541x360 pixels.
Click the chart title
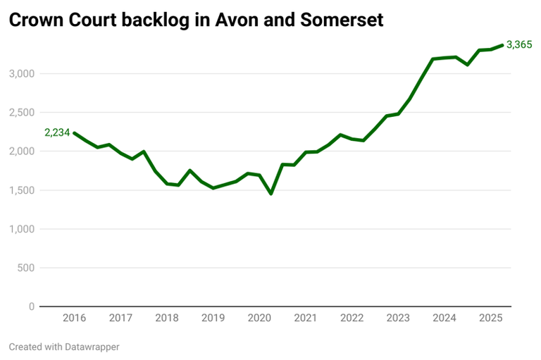[196, 20]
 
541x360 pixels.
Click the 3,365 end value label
[519, 45]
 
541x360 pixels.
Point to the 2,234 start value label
[57, 132]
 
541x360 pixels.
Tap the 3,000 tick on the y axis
[22, 73]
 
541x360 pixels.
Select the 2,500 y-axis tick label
[22, 113]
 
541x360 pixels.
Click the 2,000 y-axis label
[22, 151]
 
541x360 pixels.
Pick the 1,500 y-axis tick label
[22, 190]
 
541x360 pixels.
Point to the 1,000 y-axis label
[22, 229]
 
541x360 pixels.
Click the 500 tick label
[26, 268]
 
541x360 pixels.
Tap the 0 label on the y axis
[32, 306]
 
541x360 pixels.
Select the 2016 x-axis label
[75, 318]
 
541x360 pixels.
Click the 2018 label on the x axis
[167, 318]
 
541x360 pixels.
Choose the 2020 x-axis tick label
[260, 318]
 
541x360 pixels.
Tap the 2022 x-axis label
[352, 318]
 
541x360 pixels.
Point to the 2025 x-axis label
[491, 318]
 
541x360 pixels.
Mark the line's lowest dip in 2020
[271, 193]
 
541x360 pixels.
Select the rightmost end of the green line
[502, 45]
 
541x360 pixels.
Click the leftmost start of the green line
[75, 133]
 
